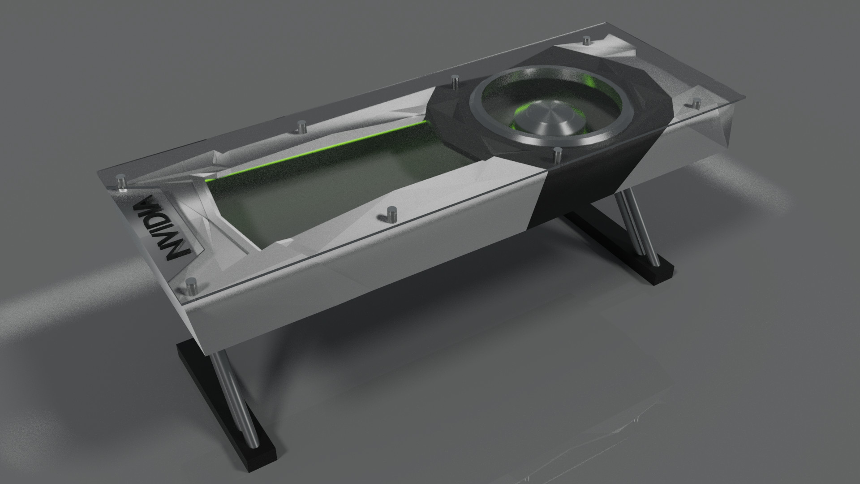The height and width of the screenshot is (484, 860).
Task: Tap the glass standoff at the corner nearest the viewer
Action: (x=192, y=285)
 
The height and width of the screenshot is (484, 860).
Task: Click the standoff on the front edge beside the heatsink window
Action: (x=392, y=213)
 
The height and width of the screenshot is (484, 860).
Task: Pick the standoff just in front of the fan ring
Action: (x=557, y=155)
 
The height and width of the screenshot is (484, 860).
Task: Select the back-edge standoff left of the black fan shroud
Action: (x=455, y=82)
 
